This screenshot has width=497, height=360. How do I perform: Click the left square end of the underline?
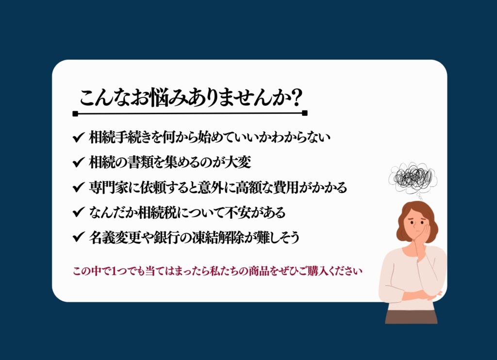(x=75, y=114)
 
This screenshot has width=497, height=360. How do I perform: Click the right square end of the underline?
(x=305, y=113)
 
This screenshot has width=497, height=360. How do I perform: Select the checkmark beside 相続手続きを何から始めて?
(x=78, y=137)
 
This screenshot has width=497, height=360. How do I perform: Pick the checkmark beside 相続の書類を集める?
(x=78, y=162)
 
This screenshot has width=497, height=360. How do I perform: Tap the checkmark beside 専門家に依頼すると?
(x=78, y=187)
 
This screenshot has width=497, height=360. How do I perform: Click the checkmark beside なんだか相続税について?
(x=78, y=212)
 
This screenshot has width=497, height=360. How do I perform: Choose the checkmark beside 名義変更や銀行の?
(x=78, y=237)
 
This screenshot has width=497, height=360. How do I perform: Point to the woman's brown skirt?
(x=411, y=316)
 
